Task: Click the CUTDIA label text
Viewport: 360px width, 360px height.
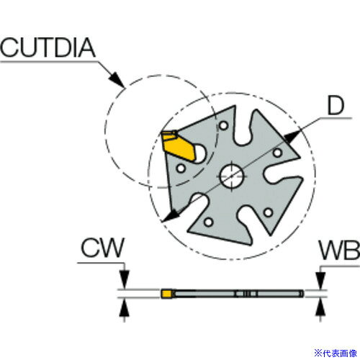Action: [48, 48]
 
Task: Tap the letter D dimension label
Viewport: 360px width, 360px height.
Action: [336, 106]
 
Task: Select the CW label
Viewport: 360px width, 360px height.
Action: [102, 248]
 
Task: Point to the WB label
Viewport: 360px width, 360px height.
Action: [339, 251]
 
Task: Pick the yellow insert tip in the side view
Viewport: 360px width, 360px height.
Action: [166, 294]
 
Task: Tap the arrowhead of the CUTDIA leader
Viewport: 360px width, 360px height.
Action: [117, 79]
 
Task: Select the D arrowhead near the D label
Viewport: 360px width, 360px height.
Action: [292, 137]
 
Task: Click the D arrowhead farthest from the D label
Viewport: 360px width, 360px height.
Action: [171, 215]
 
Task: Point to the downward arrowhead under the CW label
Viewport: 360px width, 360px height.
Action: [125, 279]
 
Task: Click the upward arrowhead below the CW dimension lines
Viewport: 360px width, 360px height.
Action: [125, 308]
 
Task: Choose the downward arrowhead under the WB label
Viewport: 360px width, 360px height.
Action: [320, 281]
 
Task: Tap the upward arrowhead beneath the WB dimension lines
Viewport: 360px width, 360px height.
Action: [320, 307]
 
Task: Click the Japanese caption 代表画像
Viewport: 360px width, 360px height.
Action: [339, 353]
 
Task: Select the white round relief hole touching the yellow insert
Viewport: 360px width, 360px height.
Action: [199, 153]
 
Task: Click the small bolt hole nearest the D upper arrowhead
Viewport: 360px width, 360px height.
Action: [277, 153]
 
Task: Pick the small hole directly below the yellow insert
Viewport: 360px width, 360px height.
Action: [181, 168]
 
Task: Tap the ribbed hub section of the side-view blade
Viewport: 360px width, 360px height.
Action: [246, 294]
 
